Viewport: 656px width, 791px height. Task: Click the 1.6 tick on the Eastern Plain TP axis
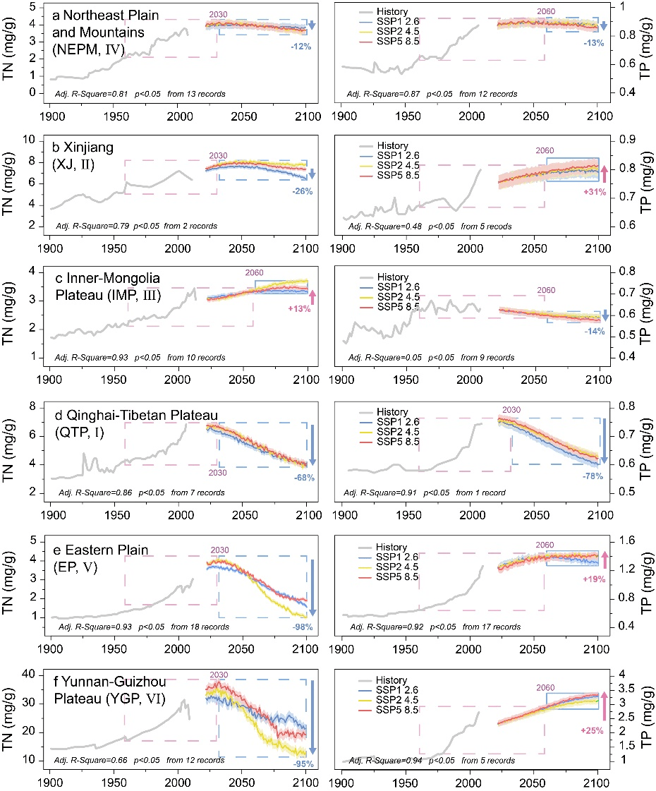coord(623,540)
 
